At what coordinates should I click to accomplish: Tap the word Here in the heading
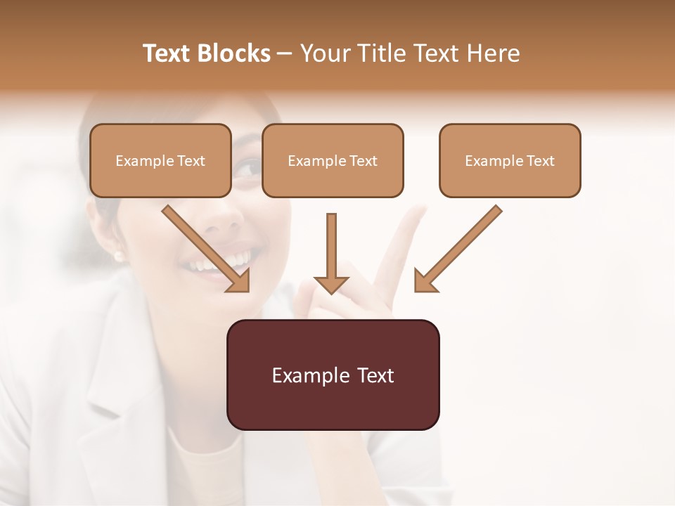point(491,53)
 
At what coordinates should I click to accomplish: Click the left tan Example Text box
point(160,160)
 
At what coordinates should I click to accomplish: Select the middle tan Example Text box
point(333,160)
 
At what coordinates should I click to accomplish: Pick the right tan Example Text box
point(510,160)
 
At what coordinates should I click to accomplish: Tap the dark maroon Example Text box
point(333,375)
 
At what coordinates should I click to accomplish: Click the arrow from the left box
point(204,247)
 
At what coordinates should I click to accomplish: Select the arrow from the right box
point(461,247)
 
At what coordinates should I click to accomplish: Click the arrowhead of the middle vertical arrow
point(331,284)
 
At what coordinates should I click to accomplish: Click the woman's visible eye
point(247,167)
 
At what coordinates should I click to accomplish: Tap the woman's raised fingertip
point(419,211)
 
